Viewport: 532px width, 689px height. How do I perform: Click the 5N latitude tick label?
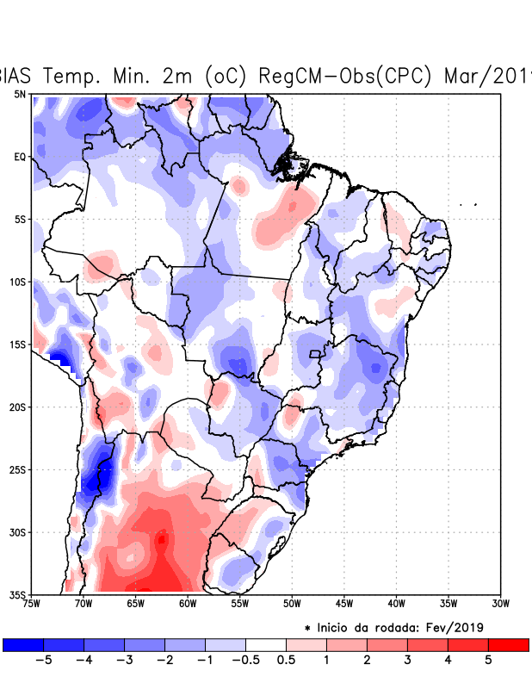(x=19, y=94)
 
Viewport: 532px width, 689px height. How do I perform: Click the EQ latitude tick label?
(x=19, y=157)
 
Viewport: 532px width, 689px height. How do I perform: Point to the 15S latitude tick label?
(x=17, y=344)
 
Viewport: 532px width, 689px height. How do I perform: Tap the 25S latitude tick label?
(x=17, y=469)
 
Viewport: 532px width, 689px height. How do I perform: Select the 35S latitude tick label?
(x=17, y=594)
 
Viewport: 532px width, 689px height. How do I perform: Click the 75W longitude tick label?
(x=31, y=604)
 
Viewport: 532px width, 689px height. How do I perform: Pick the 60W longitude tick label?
(x=188, y=604)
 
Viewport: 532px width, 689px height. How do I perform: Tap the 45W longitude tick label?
(x=343, y=604)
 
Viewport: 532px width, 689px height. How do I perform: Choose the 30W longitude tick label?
(x=500, y=604)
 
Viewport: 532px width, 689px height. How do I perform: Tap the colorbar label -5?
(x=43, y=661)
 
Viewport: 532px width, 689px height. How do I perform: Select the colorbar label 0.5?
(x=287, y=661)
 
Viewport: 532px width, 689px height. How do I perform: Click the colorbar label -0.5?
(x=245, y=661)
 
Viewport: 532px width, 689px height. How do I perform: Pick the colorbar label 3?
(x=408, y=661)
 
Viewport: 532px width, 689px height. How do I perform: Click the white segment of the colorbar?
(x=266, y=644)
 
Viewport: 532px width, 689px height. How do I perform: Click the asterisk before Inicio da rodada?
(x=307, y=628)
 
